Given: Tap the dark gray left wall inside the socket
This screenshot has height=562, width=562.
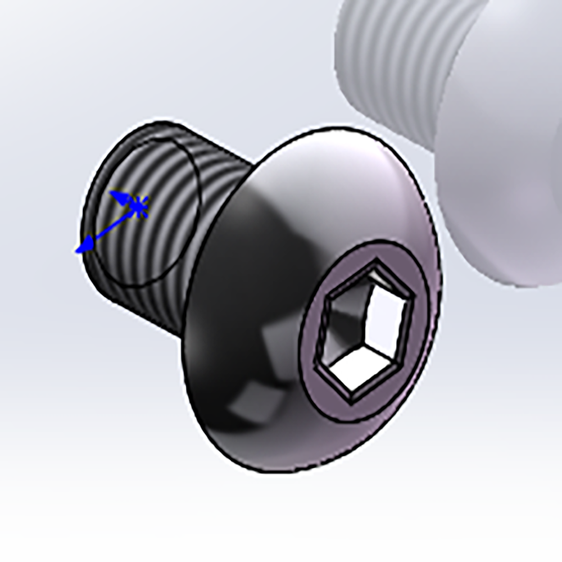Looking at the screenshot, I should click(x=337, y=326).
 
